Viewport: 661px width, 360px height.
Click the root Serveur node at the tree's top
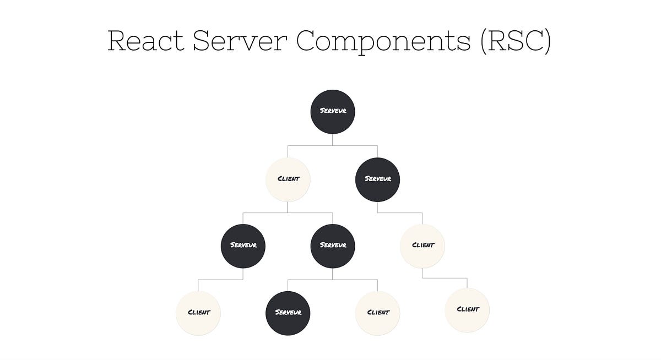pyautogui.click(x=333, y=112)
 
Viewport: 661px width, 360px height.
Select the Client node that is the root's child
pyautogui.click(x=288, y=179)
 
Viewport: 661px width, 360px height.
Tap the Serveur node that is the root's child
pyautogui.click(x=377, y=179)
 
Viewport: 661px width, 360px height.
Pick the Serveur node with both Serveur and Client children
pyautogui.click(x=333, y=246)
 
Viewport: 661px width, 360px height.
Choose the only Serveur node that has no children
pyautogui.click(x=288, y=313)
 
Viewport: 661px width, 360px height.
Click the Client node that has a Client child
pyautogui.click(x=422, y=246)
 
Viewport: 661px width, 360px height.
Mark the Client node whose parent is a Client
pyautogui.click(x=467, y=310)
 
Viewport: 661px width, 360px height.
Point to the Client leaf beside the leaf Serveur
pyautogui.click(x=378, y=313)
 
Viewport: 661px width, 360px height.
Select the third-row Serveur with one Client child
pyautogui.click(x=243, y=246)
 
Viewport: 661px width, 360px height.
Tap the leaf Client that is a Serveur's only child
pyautogui.click(x=198, y=313)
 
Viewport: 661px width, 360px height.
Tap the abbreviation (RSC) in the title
pyautogui.click(x=516, y=41)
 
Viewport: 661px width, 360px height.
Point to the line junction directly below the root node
pyautogui.click(x=333, y=146)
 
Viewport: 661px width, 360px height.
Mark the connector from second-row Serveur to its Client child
pyautogui.click(x=400, y=212)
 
